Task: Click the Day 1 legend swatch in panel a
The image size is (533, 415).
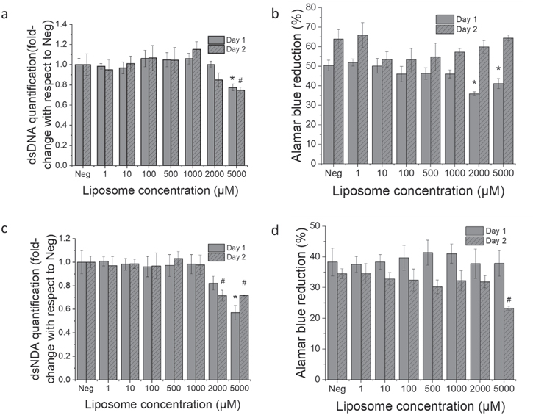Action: coord(215,40)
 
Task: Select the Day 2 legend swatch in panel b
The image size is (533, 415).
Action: coord(446,29)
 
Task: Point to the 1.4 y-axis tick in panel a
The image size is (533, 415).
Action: coord(64,24)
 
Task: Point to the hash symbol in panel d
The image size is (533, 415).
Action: coord(509,299)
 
